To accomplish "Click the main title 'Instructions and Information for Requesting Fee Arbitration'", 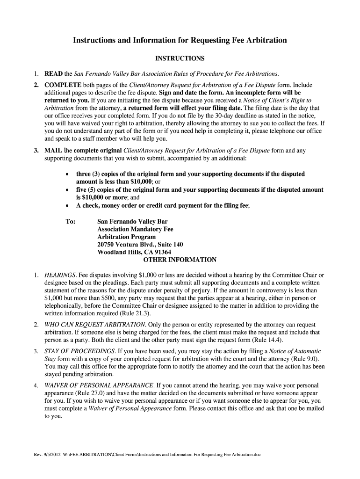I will click(180, 41).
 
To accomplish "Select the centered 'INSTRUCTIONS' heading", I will click(180, 58).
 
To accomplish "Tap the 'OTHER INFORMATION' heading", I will click(180, 260).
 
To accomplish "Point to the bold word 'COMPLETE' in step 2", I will click(63, 85).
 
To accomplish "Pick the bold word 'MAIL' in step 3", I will click(52, 151).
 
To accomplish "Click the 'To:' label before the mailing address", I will click(71, 221).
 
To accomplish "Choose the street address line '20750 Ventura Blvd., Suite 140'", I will click(140, 244).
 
